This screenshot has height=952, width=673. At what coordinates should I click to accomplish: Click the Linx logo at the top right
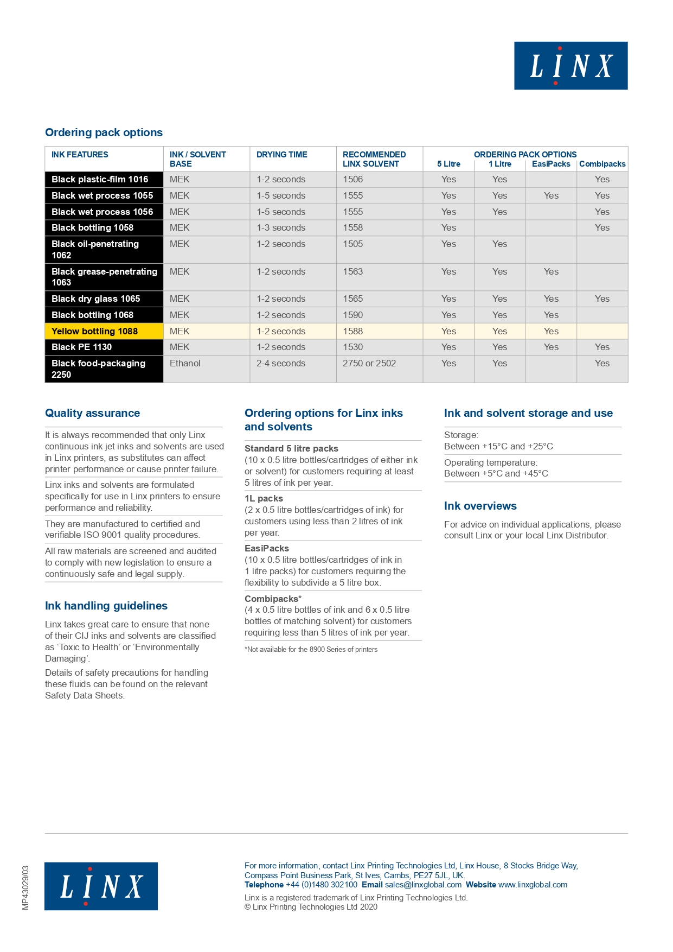click(x=571, y=66)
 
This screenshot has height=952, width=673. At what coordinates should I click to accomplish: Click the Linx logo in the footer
click(x=101, y=886)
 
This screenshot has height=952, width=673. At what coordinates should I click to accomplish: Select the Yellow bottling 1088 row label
click(x=94, y=331)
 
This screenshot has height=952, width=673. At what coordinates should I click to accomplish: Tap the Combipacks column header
click(x=602, y=164)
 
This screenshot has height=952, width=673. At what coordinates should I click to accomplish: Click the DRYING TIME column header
click(x=281, y=155)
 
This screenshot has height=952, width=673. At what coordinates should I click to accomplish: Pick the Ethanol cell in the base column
click(x=185, y=363)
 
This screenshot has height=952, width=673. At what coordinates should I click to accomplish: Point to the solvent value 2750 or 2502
click(x=369, y=363)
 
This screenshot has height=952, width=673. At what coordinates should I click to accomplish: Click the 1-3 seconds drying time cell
click(x=280, y=227)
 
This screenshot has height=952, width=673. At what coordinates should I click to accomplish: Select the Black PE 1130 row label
click(x=81, y=347)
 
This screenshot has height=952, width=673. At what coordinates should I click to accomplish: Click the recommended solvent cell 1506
click(x=352, y=179)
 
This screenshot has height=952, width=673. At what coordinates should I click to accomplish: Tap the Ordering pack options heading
click(x=104, y=132)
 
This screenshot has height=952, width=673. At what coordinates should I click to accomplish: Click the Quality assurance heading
click(x=92, y=413)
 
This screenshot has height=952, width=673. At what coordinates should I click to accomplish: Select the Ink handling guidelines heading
click(x=106, y=606)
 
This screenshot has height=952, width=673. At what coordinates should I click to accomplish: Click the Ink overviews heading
click(x=480, y=506)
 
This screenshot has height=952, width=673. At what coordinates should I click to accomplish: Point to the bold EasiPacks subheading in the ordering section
click(x=266, y=548)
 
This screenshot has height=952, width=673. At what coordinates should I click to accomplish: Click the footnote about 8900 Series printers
click(x=311, y=649)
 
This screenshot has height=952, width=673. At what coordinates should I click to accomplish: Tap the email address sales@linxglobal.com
click(x=423, y=885)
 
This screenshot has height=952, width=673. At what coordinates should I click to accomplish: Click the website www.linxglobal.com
click(x=533, y=885)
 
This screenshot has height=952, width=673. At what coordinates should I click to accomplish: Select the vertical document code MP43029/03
click(x=25, y=887)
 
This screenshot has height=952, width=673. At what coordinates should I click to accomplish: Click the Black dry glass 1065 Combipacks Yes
click(x=602, y=299)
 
